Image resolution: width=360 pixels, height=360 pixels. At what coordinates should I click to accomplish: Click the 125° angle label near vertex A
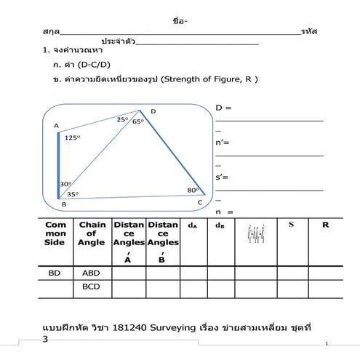(71, 137)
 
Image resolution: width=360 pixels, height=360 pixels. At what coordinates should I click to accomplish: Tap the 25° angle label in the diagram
(121, 119)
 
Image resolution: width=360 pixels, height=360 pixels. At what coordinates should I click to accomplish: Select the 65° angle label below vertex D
(137, 121)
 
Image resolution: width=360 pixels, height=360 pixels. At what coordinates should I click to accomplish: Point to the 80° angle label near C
(192, 191)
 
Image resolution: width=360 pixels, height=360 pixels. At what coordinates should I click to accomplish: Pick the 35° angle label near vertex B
(72, 194)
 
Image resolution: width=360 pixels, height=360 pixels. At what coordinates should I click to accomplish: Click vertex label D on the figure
(153, 111)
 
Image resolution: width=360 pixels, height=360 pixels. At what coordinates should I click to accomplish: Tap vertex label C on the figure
(199, 203)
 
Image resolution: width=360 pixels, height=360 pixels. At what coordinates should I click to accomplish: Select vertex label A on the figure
(57, 126)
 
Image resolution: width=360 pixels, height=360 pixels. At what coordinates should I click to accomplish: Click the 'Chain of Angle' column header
(92, 233)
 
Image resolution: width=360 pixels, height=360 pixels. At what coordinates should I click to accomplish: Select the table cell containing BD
(55, 273)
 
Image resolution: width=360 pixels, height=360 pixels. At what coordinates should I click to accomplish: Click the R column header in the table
(325, 225)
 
